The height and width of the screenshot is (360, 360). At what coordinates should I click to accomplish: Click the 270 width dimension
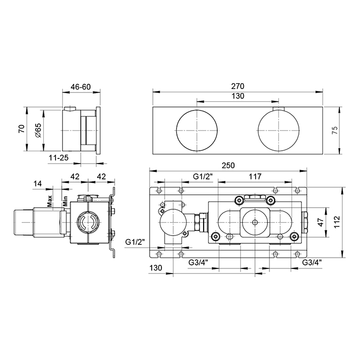pos(238,86)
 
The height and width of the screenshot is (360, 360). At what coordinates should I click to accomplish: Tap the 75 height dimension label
pos(335,130)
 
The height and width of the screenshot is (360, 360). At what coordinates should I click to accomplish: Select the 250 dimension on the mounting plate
pos(228,165)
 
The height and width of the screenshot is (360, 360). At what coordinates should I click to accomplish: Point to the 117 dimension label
pos(255,176)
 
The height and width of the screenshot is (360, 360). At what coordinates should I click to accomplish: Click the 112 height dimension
pos(337,222)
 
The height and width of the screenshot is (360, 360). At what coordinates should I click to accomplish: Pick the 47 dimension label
pos(321,222)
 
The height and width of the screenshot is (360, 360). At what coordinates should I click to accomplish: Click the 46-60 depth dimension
pos(81,87)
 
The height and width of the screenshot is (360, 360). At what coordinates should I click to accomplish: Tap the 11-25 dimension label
pos(59,158)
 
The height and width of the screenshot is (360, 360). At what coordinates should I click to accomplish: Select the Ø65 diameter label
pos(39,131)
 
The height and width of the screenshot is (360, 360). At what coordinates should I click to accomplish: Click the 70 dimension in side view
pos(22,129)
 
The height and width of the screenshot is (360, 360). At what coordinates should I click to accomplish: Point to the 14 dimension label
pos(38,184)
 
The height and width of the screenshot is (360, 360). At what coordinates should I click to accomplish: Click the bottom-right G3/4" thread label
pos(312,262)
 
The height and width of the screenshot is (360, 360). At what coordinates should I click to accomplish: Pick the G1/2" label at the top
pos(203,176)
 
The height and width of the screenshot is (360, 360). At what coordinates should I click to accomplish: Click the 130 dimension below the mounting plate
pos(156,268)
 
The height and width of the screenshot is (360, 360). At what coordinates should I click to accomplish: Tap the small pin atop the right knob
pos(279,109)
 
